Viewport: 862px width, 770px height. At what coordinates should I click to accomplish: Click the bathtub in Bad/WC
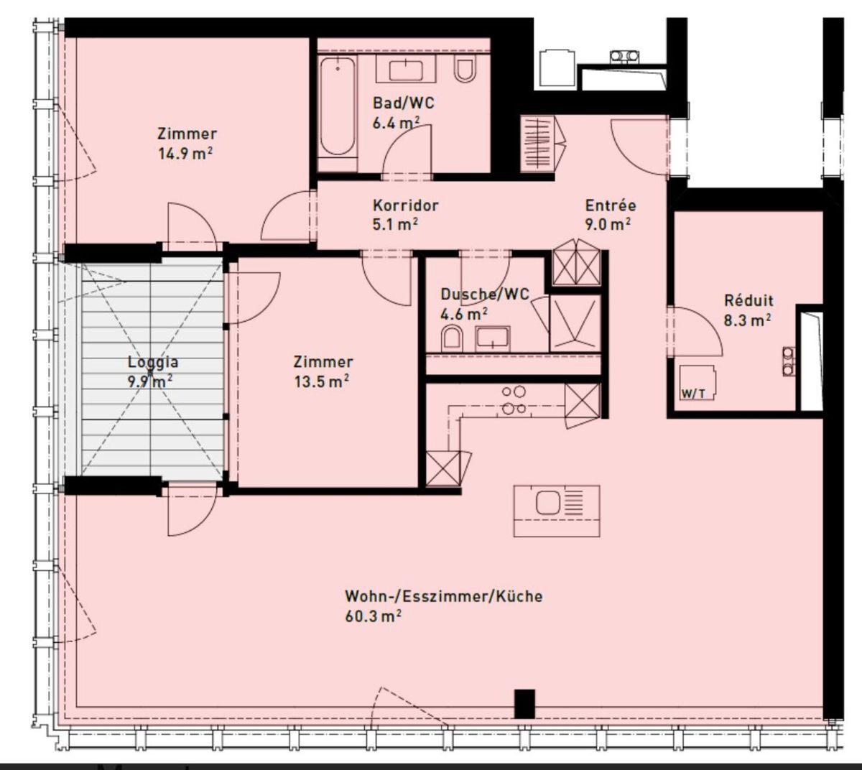coord(338,106)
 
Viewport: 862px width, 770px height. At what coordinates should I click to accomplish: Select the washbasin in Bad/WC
coord(405,70)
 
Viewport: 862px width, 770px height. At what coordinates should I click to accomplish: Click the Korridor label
coord(405,205)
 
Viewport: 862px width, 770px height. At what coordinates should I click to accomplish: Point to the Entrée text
coord(611,205)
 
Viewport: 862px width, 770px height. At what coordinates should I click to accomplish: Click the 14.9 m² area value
coord(185,153)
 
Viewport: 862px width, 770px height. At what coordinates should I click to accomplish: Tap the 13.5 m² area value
coord(322,381)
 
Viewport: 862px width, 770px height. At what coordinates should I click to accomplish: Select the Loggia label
coord(153,363)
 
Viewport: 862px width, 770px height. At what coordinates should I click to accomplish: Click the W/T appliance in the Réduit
coord(698,382)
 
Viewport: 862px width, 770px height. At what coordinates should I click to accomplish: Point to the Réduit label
coord(749,300)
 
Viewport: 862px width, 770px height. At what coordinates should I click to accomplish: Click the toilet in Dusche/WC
coord(452,339)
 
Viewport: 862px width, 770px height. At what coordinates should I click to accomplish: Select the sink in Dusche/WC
coord(492,338)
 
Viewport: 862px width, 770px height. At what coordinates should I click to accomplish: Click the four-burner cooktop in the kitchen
coord(514,400)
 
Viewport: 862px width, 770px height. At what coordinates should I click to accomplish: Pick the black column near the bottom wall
coord(524,703)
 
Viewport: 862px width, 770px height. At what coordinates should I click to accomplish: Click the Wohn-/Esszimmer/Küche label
coord(443,596)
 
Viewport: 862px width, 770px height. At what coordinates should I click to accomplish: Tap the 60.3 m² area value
coord(373,616)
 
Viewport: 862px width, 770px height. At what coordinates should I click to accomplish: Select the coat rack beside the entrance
coord(537,143)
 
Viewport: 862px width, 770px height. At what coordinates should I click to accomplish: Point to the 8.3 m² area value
coord(747,320)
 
